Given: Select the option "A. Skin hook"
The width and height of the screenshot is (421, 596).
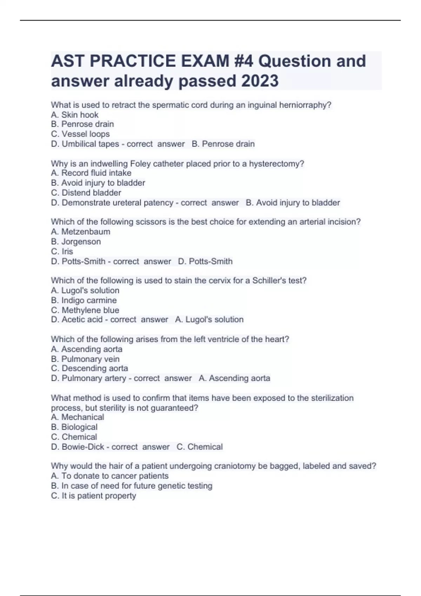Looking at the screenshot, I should point(75,115).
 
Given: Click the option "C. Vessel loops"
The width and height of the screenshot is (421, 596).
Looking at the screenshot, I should point(80,134).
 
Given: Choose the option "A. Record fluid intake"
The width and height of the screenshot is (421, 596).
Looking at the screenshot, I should point(91,173).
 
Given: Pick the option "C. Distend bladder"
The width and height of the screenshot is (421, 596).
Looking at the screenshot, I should point(86,192).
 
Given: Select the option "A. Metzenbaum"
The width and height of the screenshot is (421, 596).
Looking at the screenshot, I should point(81,231).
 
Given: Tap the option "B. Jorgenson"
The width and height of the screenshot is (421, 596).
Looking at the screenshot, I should point(76,242).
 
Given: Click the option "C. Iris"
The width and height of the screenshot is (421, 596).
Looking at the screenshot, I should point(62,251).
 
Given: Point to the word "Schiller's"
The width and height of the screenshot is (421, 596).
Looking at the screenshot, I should point(268,280).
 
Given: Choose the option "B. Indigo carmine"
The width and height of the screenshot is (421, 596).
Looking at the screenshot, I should point(84,300).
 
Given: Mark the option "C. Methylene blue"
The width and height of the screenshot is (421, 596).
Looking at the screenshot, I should point(85,310).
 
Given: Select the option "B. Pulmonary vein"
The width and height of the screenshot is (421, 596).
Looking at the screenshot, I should point(85,359).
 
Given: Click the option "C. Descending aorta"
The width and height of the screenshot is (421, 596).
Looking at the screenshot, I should point(89,368).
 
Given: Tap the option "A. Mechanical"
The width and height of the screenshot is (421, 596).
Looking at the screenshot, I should point(78,417).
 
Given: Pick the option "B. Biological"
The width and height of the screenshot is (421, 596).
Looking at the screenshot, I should point(74,427).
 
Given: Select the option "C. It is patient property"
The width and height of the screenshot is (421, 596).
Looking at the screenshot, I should point(94,495).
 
